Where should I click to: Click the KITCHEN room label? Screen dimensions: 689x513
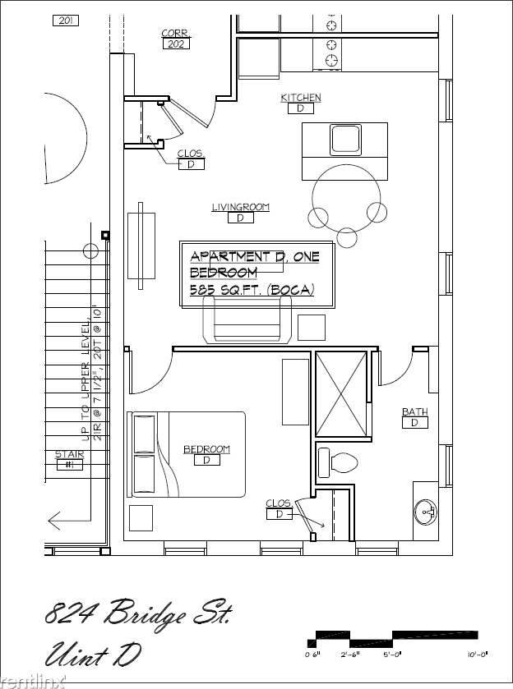click(x=301, y=98)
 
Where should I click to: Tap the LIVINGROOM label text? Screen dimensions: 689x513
click(x=240, y=208)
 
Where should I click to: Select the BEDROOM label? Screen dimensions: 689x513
click(x=206, y=449)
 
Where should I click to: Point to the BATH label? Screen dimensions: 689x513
click(x=414, y=412)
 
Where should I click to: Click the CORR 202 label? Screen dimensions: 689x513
click(x=174, y=34)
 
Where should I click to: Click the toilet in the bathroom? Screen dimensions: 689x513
click(x=337, y=462)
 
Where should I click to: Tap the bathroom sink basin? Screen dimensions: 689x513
click(x=427, y=513)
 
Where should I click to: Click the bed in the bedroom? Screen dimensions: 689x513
click(x=188, y=454)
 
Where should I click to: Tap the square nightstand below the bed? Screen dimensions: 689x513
click(x=141, y=517)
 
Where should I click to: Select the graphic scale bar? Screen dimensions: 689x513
click(x=393, y=638)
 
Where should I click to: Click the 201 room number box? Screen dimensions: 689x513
click(x=65, y=21)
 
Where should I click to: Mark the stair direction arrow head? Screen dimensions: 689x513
click(x=53, y=520)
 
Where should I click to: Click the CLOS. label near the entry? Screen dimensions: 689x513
click(x=191, y=154)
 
